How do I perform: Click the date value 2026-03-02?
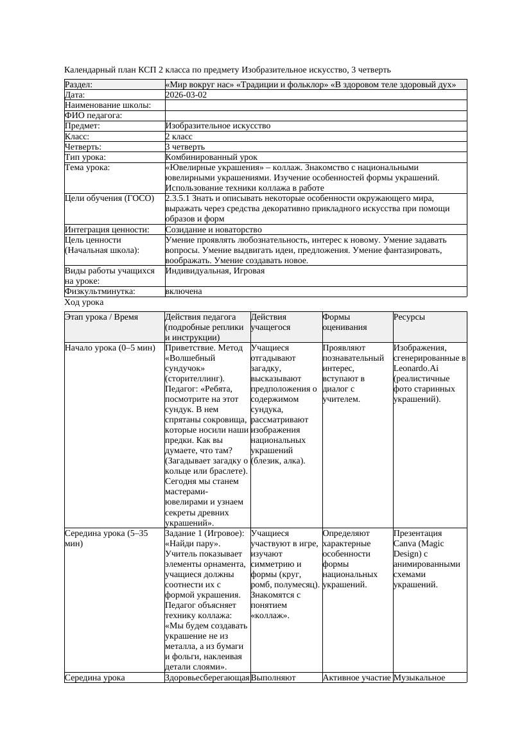pyautogui.click(x=186, y=94)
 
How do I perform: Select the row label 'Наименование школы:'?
pyautogui.click(x=108, y=105)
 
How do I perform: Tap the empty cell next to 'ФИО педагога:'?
pyautogui.click(x=315, y=116)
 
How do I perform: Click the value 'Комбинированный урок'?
pyautogui.click(x=211, y=157)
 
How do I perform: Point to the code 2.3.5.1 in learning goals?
pyautogui.click(x=179, y=198)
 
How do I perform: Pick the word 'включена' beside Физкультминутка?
pyautogui.click(x=183, y=291)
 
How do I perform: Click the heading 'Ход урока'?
pyautogui.click(x=84, y=302)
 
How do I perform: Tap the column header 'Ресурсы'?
pyautogui.click(x=409, y=317)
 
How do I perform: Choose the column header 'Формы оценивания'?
pyautogui.click(x=345, y=322)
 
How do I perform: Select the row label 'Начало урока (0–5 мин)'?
pyautogui.click(x=110, y=348)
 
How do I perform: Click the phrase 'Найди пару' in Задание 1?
pyautogui.click(x=193, y=544)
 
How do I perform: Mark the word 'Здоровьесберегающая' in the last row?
pyautogui.click(x=207, y=677)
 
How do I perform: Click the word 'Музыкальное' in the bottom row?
pyautogui.click(x=419, y=677)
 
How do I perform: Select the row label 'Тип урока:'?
pyautogui.click(x=85, y=157)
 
